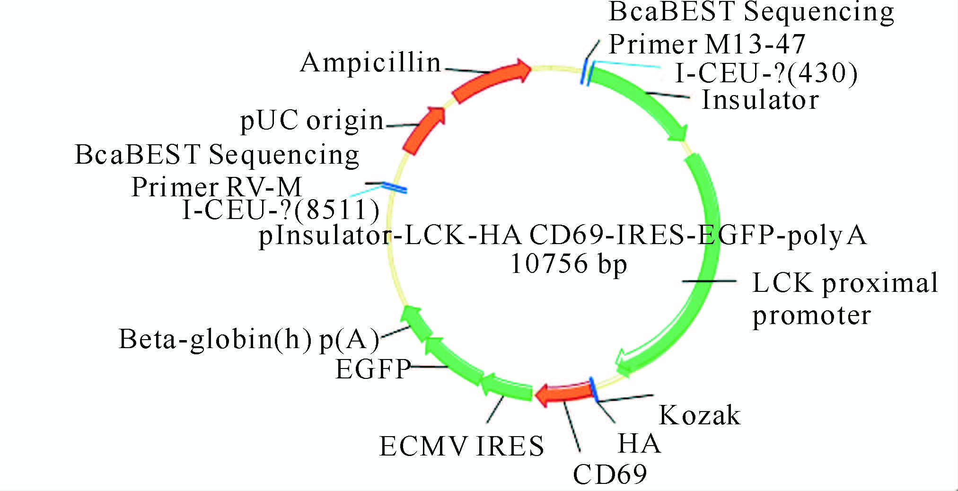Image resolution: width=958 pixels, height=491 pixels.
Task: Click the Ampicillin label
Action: coord(370,63)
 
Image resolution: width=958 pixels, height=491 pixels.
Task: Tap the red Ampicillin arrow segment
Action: coord(490,80)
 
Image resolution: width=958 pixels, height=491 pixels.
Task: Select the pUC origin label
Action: coord(312,121)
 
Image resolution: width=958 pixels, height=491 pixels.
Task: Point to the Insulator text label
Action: coord(760,100)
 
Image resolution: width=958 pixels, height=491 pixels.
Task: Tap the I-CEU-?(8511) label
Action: coord(281,210)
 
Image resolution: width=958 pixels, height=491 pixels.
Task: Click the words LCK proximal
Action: coord(845,283)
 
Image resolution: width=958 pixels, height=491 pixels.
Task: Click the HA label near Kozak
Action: coord(639,444)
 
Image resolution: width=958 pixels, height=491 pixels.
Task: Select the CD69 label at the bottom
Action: coord(610,474)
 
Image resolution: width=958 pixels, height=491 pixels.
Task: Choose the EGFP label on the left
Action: coord(373,369)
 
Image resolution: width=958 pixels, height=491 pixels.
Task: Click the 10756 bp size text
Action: coord(568,264)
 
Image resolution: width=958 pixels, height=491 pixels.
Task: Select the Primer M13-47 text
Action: coord(707,44)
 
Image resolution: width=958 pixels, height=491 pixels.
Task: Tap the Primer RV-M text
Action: coord(217,187)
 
